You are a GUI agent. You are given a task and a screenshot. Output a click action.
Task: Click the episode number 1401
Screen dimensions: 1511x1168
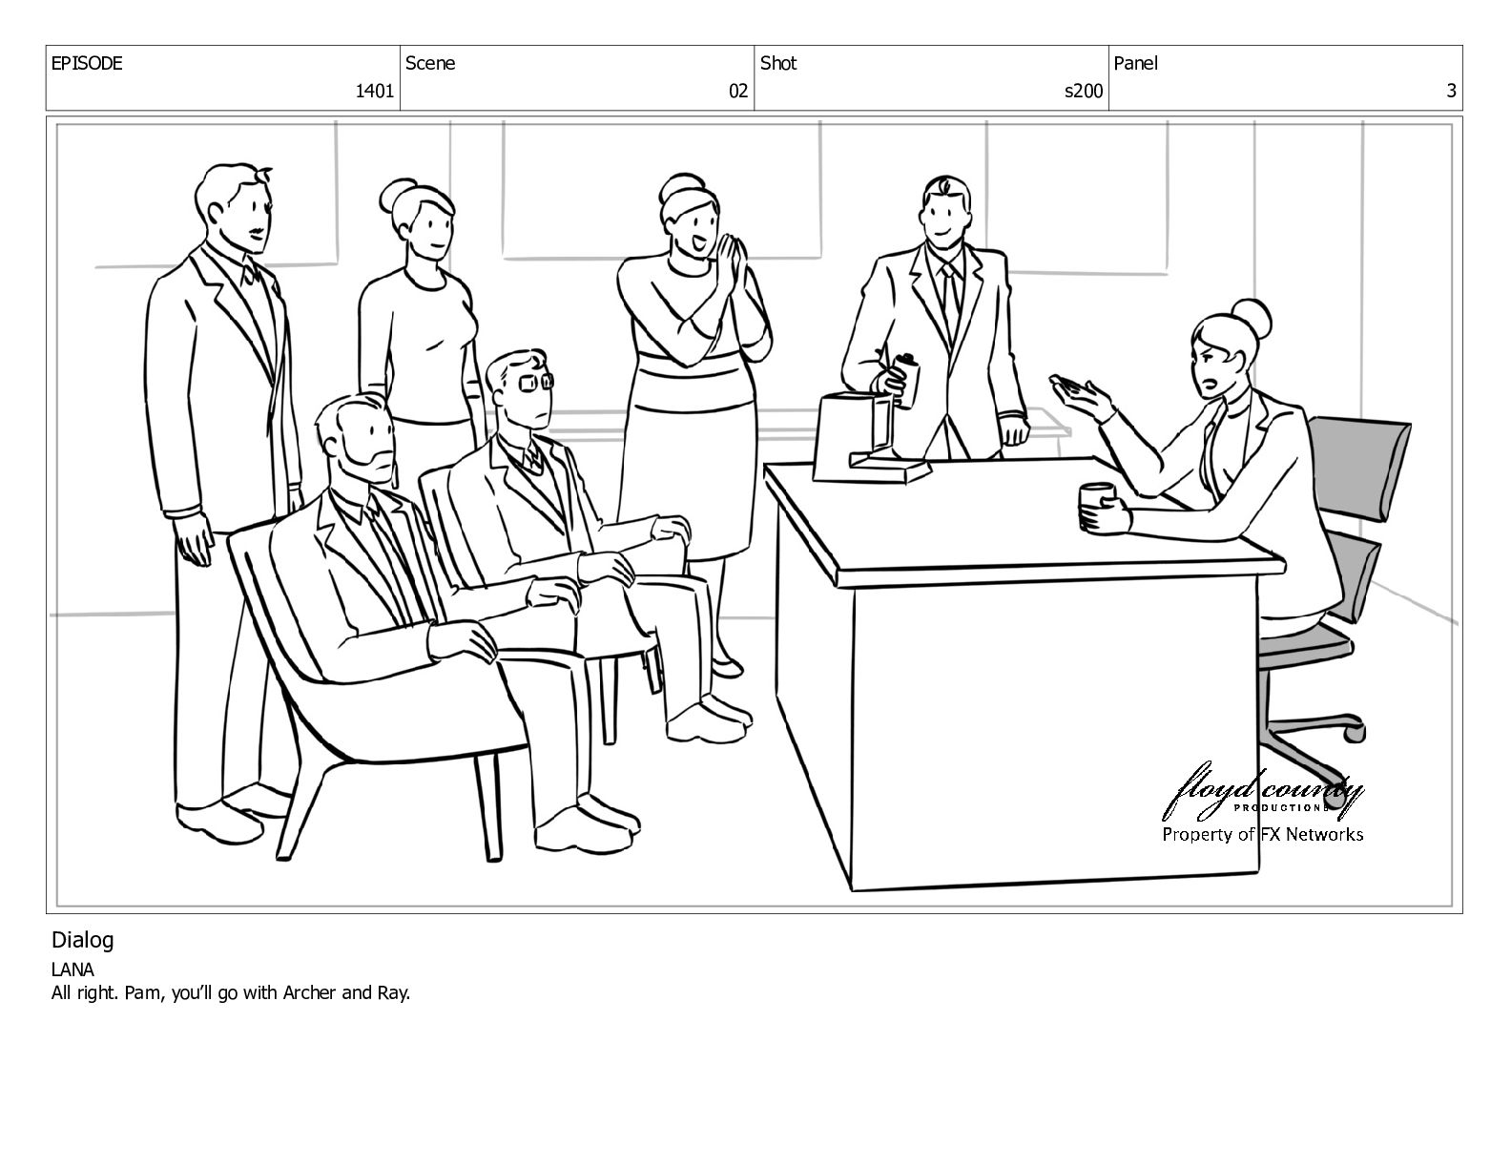point(374,91)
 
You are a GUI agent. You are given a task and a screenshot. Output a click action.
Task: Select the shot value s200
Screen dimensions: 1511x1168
point(1083,91)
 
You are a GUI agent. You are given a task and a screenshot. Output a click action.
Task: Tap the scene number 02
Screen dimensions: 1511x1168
point(737,91)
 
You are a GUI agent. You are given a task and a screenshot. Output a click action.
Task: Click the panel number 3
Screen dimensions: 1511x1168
point(1451,91)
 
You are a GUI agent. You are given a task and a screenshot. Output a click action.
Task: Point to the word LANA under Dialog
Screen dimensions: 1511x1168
point(72,970)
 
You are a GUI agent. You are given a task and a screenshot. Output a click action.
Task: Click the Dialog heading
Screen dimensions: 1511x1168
point(82,940)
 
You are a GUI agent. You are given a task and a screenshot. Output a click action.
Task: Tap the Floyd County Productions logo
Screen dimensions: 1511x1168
point(1262,792)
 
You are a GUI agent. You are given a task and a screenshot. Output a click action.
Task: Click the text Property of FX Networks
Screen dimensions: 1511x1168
point(1262,834)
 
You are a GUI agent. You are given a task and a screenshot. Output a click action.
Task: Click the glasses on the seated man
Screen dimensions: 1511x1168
point(536,381)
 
